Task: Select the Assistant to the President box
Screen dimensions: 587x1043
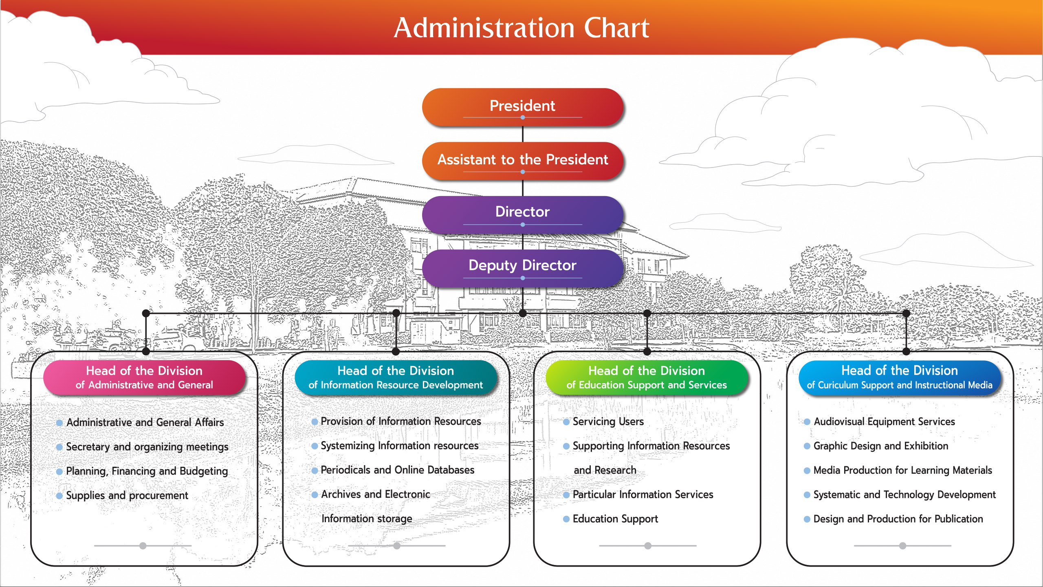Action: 522,160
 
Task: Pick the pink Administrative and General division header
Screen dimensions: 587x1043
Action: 145,377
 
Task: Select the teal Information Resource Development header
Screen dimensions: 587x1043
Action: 396,377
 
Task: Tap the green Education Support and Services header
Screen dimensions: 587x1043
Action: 647,377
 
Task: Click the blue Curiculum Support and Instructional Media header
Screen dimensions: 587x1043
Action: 900,377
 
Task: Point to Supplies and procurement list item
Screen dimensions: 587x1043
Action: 127,495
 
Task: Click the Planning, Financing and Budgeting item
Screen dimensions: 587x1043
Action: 147,471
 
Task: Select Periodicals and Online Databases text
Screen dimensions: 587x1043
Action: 397,470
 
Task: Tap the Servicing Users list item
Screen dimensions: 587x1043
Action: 608,421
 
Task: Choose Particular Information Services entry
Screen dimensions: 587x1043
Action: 643,494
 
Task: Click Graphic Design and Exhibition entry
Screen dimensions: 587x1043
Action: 880,446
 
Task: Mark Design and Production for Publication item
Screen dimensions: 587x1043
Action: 898,519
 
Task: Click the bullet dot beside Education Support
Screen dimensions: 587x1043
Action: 566,519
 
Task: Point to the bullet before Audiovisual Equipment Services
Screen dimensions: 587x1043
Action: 807,422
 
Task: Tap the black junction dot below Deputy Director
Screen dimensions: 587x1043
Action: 523,313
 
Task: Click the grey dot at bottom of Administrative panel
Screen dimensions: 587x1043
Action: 143,545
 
